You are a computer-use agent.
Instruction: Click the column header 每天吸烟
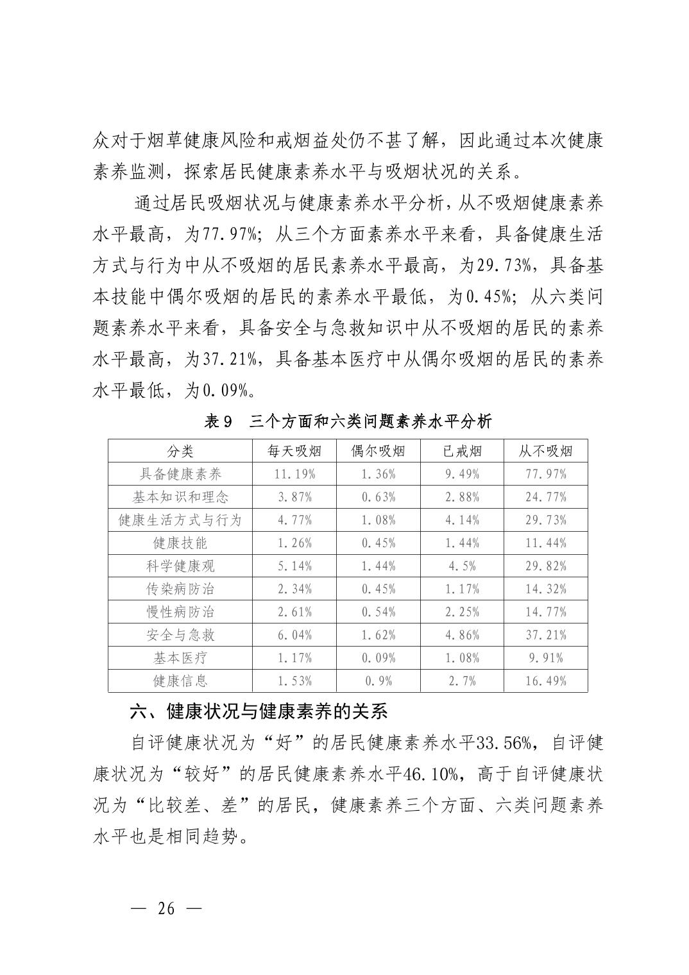pos(294,451)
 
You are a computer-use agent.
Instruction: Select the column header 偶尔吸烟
pos(379,451)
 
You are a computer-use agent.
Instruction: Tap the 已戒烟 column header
pos(462,451)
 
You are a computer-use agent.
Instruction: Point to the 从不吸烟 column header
pos(545,451)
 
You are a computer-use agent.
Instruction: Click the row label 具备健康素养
pos(180,474)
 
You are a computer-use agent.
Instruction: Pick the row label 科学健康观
pos(180,566)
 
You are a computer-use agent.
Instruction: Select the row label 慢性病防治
pos(180,612)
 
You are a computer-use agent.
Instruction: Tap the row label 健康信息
pos(180,681)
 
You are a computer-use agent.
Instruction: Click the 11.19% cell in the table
pos(294,474)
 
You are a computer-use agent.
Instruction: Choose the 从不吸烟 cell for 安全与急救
pos(545,635)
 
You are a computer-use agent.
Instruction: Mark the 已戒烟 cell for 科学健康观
pos(462,566)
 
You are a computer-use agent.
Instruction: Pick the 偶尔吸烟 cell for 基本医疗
pos(379,657)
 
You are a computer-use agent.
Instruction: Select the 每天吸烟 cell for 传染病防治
pos(294,589)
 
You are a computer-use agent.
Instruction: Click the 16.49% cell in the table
pos(545,681)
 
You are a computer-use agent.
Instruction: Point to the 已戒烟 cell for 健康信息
pos(462,681)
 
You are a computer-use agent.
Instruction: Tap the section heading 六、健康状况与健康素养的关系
pos(259,711)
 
